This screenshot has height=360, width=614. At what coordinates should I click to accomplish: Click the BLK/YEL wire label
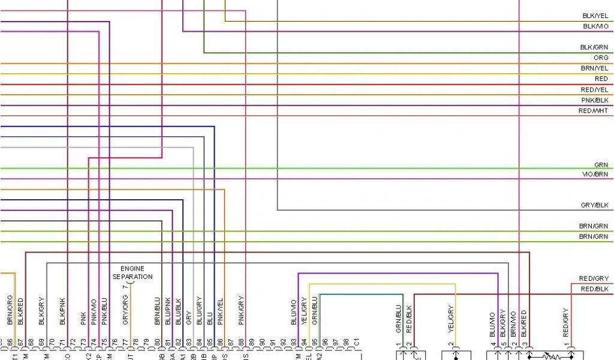[595, 16]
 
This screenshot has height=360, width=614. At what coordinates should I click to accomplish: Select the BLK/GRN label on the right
[594, 47]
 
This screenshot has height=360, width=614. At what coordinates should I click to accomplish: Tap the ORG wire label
[601, 58]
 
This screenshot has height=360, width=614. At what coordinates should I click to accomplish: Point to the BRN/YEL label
[594, 68]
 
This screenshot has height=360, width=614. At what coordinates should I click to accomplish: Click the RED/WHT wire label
[593, 111]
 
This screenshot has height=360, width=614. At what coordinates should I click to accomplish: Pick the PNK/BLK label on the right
[594, 100]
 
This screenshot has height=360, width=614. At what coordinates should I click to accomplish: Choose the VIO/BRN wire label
[594, 174]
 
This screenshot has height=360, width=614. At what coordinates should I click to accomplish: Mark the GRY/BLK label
[594, 205]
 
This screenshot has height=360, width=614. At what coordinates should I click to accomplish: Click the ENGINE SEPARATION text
[133, 273]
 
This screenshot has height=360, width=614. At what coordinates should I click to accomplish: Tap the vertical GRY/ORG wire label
[125, 311]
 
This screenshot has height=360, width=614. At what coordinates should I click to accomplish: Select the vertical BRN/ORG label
[10, 310]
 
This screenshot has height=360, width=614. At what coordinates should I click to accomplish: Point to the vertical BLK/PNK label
[62, 311]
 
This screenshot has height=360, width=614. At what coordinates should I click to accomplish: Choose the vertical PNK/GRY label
[240, 311]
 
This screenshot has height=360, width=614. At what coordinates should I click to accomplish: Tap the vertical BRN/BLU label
[157, 311]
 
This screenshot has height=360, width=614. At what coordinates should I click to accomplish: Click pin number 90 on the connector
[262, 343]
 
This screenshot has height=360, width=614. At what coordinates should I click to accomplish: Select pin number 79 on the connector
[146, 343]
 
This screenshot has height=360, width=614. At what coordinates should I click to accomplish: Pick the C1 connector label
[357, 343]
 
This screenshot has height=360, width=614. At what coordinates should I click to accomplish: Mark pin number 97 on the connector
[336, 343]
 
